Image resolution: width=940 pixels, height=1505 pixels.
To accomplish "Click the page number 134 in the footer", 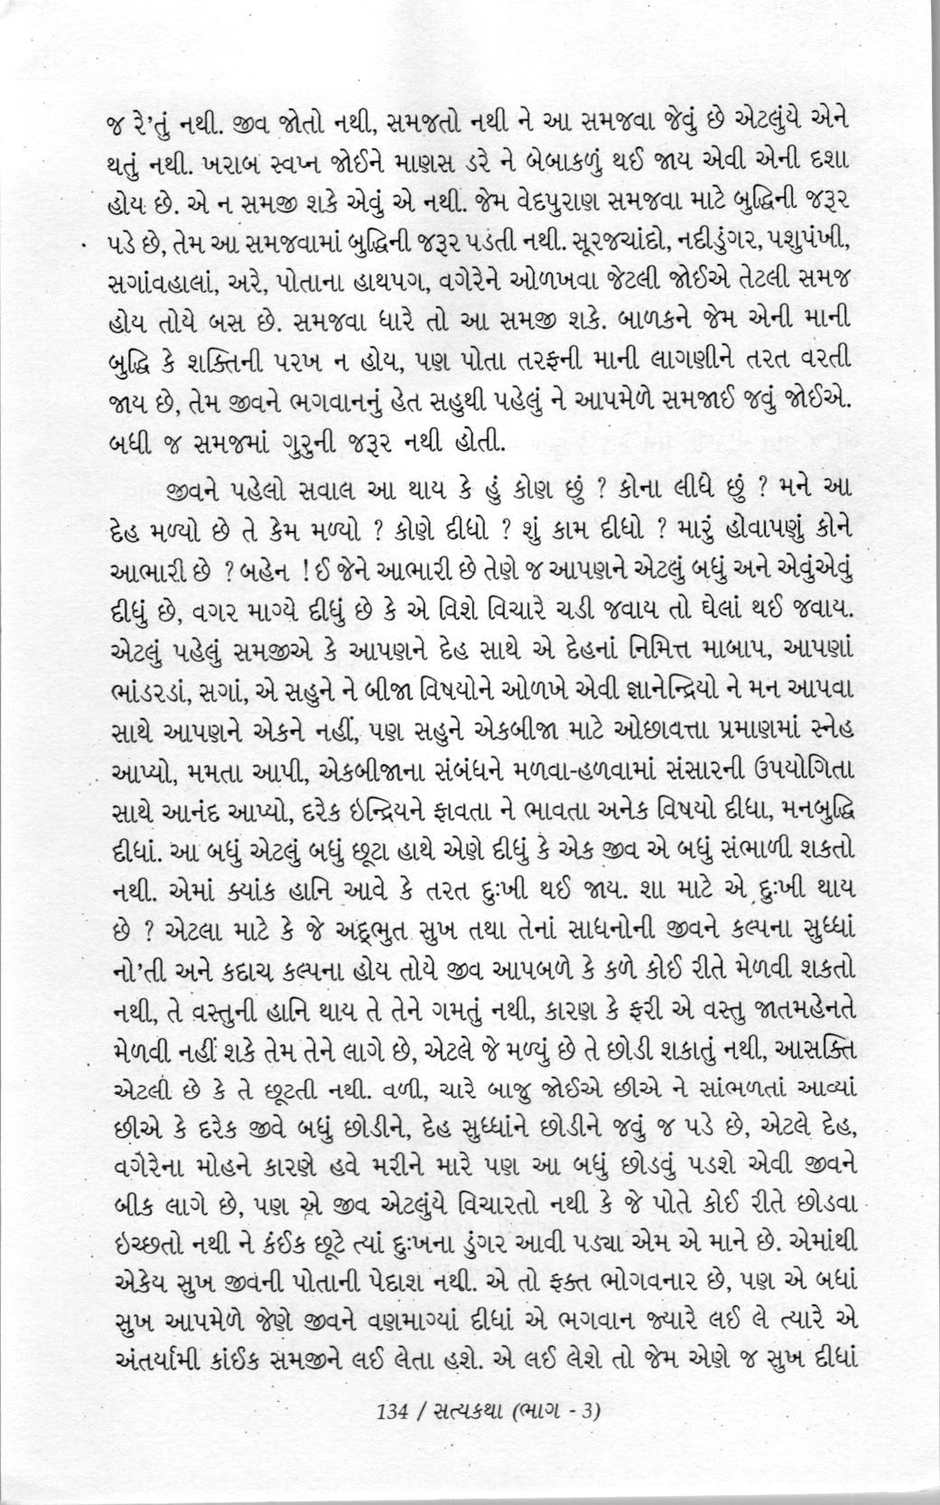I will click(x=396, y=1410).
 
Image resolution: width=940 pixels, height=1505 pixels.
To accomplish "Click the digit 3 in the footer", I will click(x=591, y=1410).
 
